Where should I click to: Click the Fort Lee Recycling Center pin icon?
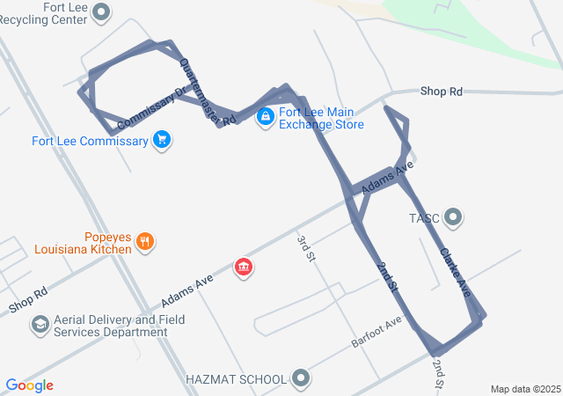click(102, 11)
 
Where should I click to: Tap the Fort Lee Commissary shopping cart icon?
click(161, 139)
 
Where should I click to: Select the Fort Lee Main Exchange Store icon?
click(265, 116)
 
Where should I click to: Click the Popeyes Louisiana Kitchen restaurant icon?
click(146, 242)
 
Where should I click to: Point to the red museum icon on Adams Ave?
click(244, 267)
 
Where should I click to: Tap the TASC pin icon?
click(454, 216)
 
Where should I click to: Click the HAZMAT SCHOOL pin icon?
click(301, 379)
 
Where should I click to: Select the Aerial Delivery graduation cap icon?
click(40, 326)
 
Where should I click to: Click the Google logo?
click(30, 385)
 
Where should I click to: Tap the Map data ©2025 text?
click(525, 389)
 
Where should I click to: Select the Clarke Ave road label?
click(455, 272)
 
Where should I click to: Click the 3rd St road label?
click(305, 248)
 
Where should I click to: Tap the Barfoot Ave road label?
click(376, 331)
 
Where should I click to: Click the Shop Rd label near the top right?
click(441, 91)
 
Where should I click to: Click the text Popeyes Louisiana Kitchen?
click(84, 243)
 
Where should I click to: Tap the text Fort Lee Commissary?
click(90, 141)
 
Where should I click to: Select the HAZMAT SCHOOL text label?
click(237, 379)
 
